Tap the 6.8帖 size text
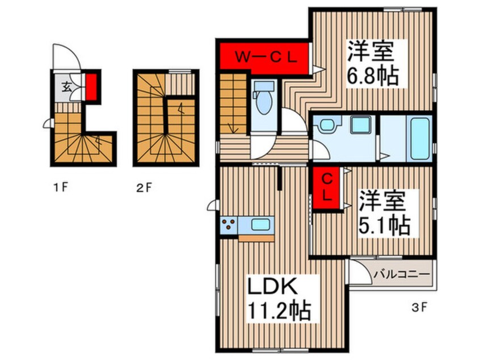[x=372, y=76]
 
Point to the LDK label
[x=272, y=287]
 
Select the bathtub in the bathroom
[x=419, y=138]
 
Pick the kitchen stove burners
[x=229, y=225]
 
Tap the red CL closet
[x=327, y=188]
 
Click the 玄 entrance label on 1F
[x=66, y=87]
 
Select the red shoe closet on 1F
[x=91, y=87]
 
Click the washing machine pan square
[x=360, y=125]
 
